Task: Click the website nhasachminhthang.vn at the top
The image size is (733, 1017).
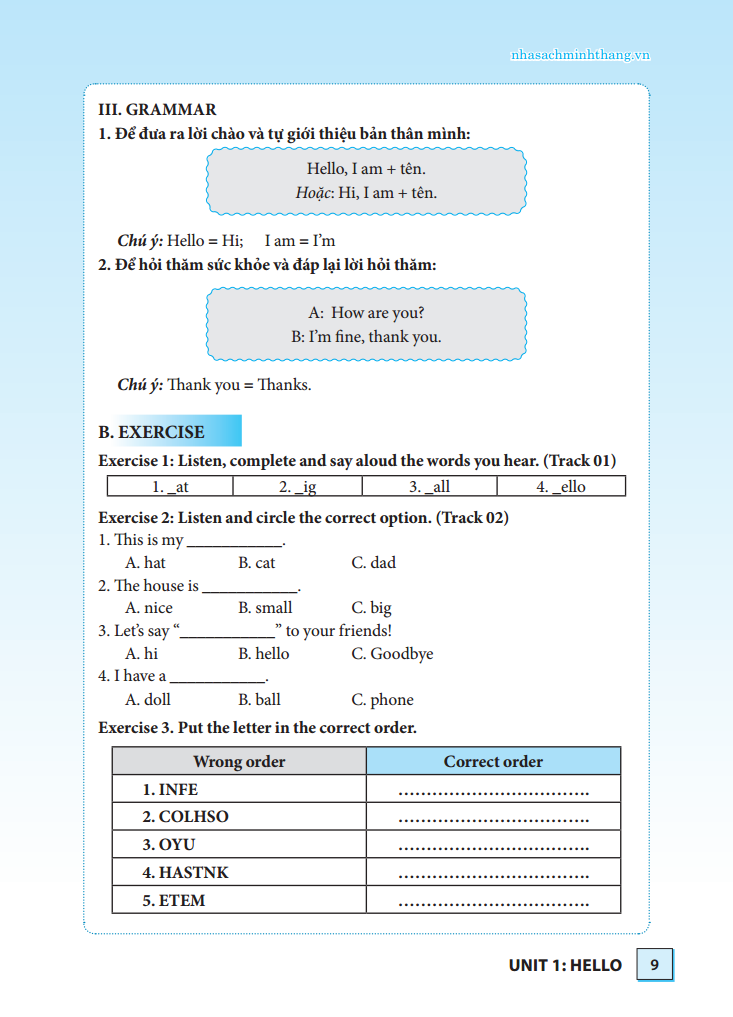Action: click(580, 55)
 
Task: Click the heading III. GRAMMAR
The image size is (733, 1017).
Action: click(157, 110)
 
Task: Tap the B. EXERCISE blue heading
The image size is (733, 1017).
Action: click(152, 432)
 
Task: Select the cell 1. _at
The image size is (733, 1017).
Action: click(170, 487)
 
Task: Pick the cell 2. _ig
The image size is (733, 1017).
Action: click(297, 487)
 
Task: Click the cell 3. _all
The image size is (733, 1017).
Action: click(429, 487)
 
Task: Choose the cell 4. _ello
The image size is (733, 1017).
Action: click(561, 487)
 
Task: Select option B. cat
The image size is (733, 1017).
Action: click(256, 563)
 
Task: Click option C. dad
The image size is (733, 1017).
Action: click(373, 563)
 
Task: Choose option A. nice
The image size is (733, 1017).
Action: click(148, 608)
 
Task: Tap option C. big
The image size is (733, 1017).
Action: click(371, 608)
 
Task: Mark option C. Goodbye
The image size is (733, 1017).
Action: click(392, 654)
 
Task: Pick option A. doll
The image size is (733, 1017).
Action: click(147, 700)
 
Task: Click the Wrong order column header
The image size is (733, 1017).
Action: click(239, 762)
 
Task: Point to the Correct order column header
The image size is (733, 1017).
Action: click(493, 762)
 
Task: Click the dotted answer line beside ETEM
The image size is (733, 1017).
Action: click(493, 903)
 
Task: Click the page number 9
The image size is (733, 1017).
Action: click(654, 965)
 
